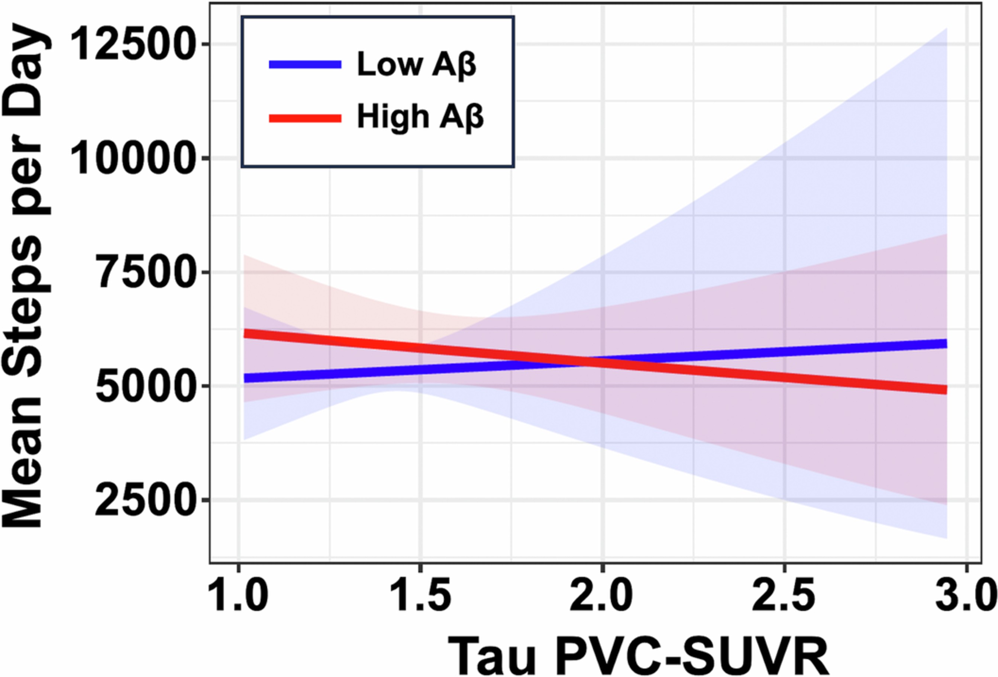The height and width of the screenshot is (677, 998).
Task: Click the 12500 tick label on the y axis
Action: pyautogui.click(x=130, y=44)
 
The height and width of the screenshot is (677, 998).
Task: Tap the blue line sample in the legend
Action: pyautogui.click(x=305, y=65)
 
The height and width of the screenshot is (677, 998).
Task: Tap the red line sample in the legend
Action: pyautogui.click(x=305, y=118)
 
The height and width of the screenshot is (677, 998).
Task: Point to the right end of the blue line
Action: pyautogui.click(x=946, y=343)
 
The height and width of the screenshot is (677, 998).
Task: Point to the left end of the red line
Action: pyautogui.click(x=245, y=333)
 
